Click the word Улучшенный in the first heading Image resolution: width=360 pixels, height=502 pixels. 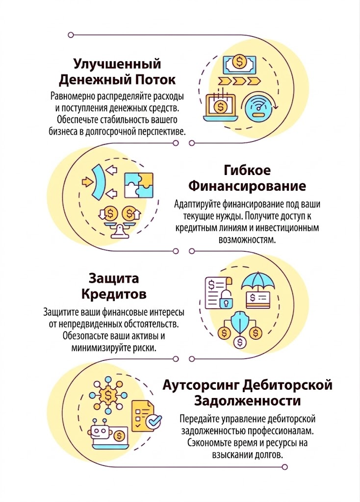[117, 64]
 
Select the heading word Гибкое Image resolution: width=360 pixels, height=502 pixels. [247, 170]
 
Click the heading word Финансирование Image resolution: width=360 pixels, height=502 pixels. [247, 186]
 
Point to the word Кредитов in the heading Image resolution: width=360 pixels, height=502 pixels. [114, 294]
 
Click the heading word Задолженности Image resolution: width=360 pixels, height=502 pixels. [248, 401]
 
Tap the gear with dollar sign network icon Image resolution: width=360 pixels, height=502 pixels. [106, 394]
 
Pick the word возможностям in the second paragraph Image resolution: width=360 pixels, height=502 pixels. [247, 240]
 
